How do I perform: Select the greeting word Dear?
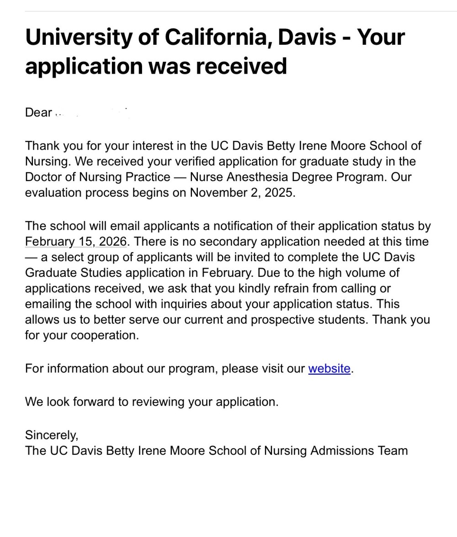pyautogui.click(x=38, y=113)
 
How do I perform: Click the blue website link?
pyautogui.click(x=329, y=369)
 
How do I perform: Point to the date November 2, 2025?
pyautogui.click(x=242, y=193)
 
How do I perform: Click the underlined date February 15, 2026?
pyautogui.click(x=75, y=242)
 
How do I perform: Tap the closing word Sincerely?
pyautogui.click(x=52, y=435)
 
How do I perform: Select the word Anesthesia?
pyautogui.click(x=262, y=177)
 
